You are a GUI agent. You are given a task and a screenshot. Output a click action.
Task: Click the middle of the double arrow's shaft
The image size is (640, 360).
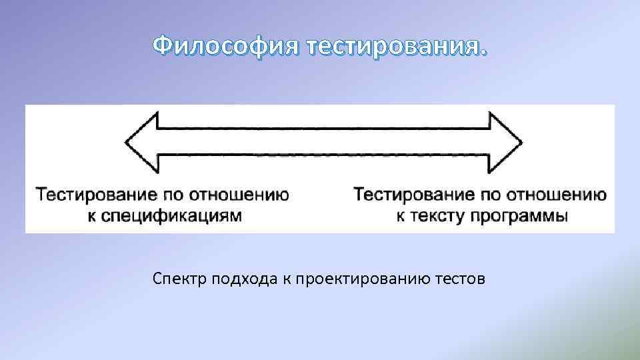[323, 142]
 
